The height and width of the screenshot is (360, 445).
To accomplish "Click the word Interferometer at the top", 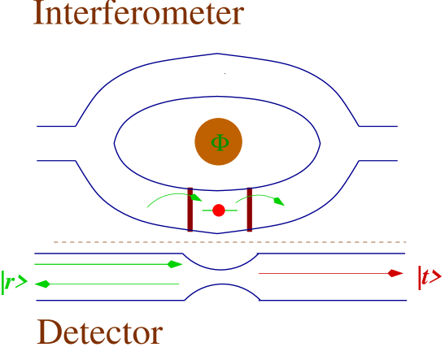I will (x=137, y=14).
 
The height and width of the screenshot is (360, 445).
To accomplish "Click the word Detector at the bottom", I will (x=100, y=333).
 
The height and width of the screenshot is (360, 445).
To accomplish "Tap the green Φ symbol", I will (x=219, y=142).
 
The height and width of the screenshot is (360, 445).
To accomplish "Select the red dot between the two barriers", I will (x=218, y=210).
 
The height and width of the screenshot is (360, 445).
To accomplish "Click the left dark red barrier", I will (x=190, y=210).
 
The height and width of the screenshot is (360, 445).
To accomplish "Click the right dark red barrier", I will (x=249, y=210).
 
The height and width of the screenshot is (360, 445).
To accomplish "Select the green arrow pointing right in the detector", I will (x=106, y=264).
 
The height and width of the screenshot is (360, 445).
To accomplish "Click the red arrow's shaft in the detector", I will (x=325, y=274).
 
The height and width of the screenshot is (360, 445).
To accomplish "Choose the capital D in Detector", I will (x=50, y=333).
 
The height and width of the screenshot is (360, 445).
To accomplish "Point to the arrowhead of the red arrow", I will (x=396, y=274).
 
